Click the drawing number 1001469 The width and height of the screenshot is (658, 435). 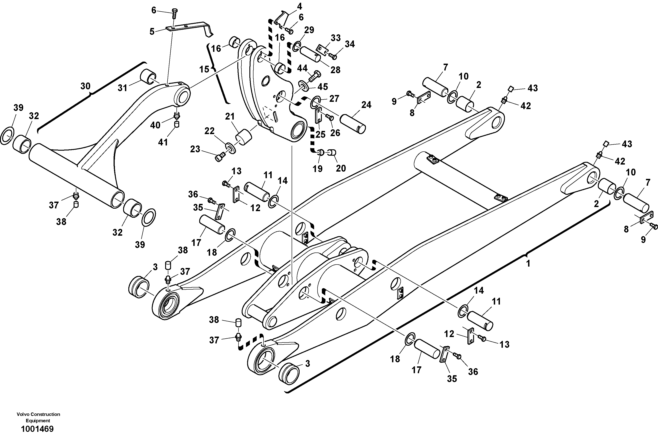(x=37, y=429)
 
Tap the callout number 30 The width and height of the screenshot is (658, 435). (x=85, y=86)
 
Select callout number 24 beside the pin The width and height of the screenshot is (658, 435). (x=366, y=105)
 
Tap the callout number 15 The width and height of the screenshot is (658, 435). (x=204, y=69)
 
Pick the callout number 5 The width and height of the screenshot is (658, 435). (x=152, y=32)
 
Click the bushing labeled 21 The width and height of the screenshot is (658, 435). (x=244, y=137)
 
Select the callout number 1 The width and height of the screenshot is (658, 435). (x=528, y=263)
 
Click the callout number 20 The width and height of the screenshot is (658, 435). (x=341, y=168)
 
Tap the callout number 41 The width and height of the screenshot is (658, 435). (x=163, y=142)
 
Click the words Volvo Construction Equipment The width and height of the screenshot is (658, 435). (x=38, y=417)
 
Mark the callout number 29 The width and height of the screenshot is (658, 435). (x=309, y=30)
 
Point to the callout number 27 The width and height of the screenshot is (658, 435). (x=334, y=98)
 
